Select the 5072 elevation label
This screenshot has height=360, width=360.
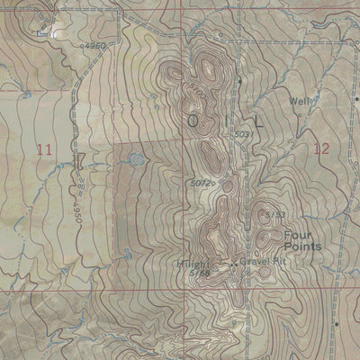201,184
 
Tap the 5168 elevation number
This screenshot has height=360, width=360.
200,274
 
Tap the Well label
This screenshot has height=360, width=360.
297,102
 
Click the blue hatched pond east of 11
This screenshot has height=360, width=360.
135,158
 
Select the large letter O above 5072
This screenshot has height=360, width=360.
191,119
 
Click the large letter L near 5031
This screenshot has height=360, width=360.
259,119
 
